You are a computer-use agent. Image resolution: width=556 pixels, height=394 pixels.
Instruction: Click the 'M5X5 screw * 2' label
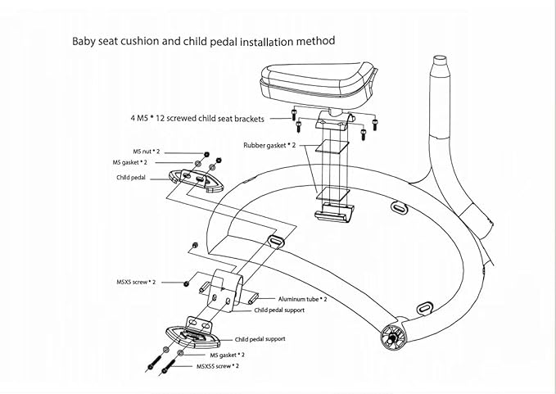(137, 282)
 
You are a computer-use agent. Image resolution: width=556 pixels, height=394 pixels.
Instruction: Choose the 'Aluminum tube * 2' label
(302, 299)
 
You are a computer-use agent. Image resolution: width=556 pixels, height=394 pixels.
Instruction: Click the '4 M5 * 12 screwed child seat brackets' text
(197, 119)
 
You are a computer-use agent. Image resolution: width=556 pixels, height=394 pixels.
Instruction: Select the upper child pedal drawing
(195, 178)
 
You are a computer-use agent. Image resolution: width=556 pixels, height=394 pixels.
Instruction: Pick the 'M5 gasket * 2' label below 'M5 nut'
(132, 163)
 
